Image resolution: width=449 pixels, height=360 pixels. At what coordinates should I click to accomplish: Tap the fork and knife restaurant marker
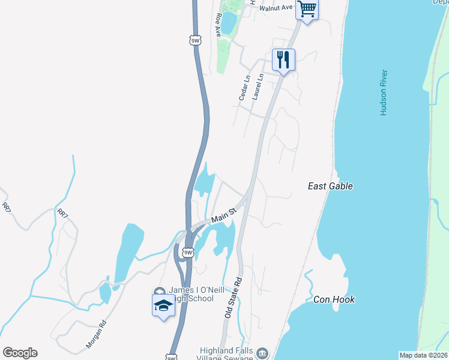(283, 60)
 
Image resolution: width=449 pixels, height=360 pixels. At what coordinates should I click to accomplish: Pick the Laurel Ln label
(259, 86)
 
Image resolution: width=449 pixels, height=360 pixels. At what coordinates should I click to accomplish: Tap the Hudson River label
(383, 92)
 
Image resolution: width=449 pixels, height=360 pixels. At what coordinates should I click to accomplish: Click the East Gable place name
(330, 186)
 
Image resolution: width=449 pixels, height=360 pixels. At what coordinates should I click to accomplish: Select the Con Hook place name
(334, 299)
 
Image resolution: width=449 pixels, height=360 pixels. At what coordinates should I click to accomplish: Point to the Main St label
(224, 214)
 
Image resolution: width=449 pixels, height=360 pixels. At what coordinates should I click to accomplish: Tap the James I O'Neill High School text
(192, 295)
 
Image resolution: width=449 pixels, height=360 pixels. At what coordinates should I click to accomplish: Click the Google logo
(20, 353)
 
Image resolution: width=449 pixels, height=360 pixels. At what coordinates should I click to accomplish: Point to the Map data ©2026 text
(423, 355)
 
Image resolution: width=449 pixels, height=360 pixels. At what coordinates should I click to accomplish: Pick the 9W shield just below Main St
(188, 253)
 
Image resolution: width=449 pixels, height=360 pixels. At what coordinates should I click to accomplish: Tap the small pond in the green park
(229, 22)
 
